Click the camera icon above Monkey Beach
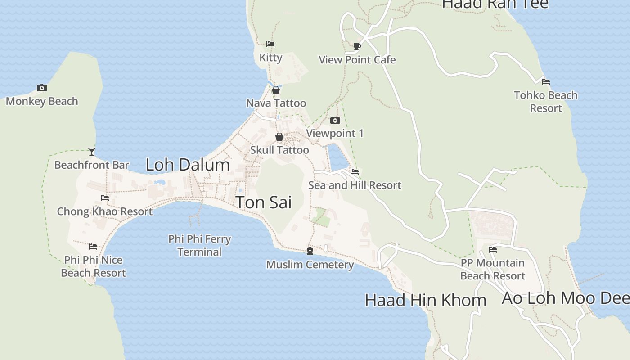point(42,88)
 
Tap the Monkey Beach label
point(42,101)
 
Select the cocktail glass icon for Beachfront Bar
point(92,152)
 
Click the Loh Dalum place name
point(188,165)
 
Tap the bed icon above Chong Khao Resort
point(105,198)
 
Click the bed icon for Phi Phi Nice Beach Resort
point(93,246)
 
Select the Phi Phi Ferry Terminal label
point(199,245)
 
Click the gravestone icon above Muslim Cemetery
point(310,251)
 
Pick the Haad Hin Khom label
point(425,300)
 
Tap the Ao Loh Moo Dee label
point(565,298)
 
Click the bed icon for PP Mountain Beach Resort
point(493,249)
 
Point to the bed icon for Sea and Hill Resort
point(355,171)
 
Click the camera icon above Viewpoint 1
point(335,120)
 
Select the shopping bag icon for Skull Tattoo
point(279,137)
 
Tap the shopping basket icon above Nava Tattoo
point(276,90)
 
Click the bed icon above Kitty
point(270,44)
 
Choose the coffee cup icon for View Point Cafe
point(357,46)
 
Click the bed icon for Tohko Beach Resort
point(546,81)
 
